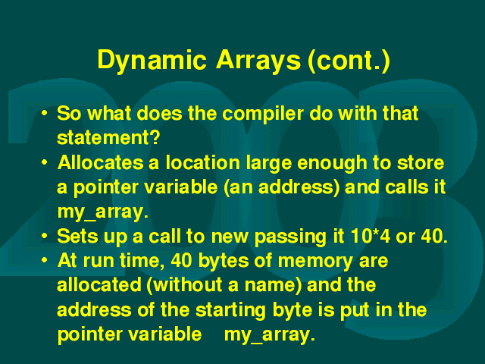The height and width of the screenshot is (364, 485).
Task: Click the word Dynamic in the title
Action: [152, 61]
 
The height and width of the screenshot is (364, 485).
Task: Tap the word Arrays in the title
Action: [258, 61]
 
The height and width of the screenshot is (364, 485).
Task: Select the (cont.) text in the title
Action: [349, 61]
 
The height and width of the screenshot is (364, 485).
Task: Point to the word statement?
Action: [108, 138]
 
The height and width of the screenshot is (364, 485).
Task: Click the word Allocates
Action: [101, 162]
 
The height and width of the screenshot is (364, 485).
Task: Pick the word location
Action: [202, 162]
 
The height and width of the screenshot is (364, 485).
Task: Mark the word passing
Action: [290, 237]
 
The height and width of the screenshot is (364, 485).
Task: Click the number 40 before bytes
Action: [180, 261]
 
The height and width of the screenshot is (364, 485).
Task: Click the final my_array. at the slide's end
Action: [270, 335]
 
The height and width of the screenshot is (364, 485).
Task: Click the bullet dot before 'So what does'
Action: [45, 113]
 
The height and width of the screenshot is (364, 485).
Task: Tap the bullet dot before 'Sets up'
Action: [45, 236]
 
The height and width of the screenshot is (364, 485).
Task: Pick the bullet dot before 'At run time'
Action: [45, 261]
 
